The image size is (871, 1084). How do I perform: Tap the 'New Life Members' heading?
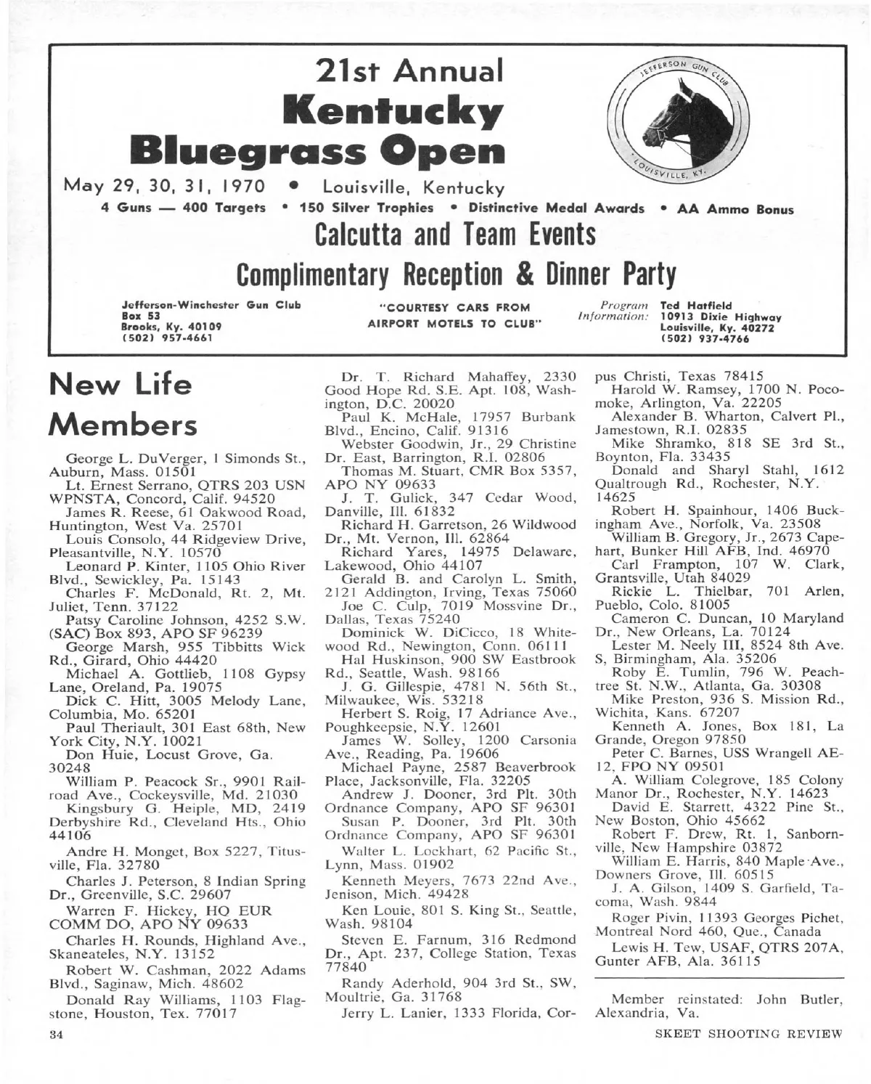tap(120, 404)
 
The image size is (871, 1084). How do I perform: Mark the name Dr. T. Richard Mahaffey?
tap(434, 376)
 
